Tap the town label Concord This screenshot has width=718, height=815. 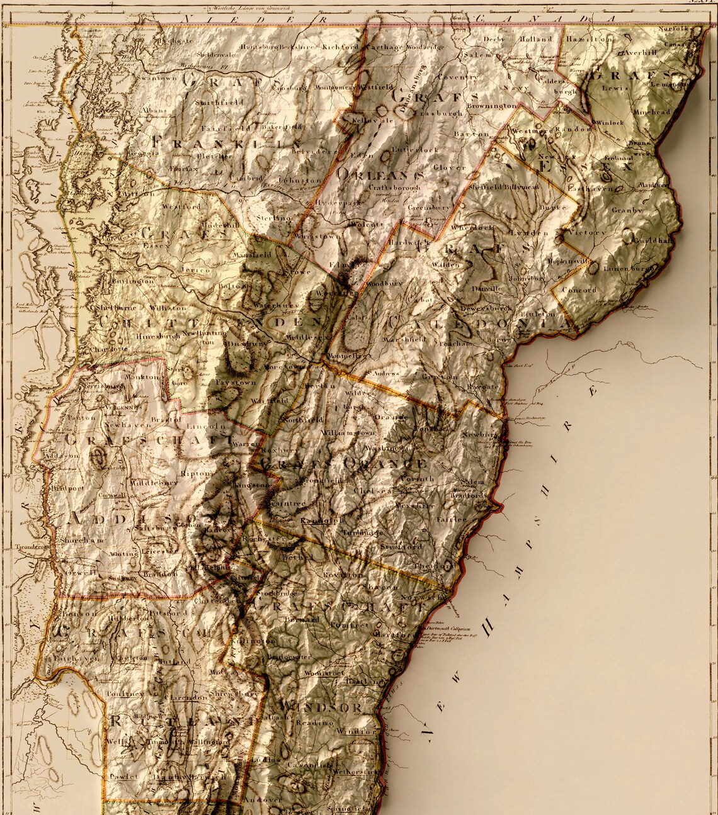click(578, 290)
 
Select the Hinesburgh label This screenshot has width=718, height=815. click(157, 337)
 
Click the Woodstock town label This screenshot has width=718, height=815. click(324, 673)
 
